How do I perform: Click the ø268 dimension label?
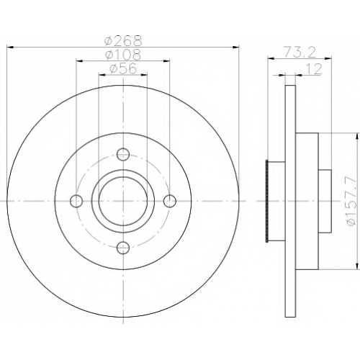click(123, 41)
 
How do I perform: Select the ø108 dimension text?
click(123, 55)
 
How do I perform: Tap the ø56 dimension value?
click(123, 69)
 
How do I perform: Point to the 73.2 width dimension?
click(299, 53)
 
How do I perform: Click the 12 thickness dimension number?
click(313, 69)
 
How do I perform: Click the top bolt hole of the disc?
click(123, 154)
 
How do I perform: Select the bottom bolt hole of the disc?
click(123, 247)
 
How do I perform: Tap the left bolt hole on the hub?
click(76, 201)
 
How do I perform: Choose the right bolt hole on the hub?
click(170, 201)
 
